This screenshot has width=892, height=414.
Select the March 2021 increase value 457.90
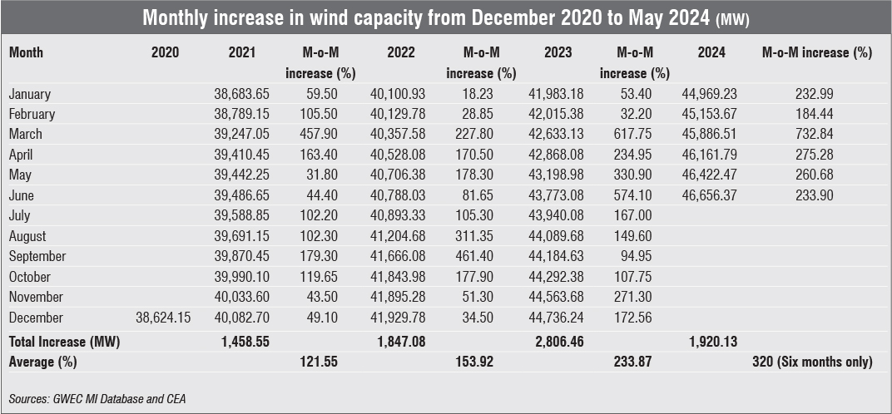(x=320, y=134)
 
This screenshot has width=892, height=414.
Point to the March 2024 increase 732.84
(x=815, y=134)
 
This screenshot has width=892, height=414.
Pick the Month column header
(x=26, y=52)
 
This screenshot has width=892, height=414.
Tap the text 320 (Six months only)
(x=811, y=362)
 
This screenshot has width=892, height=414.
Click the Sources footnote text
(x=97, y=399)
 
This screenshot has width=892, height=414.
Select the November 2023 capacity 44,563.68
(x=557, y=297)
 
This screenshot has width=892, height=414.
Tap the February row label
(x=32, y=114)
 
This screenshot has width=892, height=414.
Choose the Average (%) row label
(x=40, y=362)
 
